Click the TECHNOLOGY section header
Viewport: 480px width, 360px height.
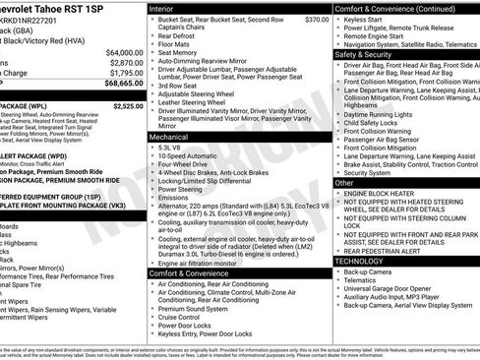(x=360, y=261)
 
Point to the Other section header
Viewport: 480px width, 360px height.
(x=344, y=183)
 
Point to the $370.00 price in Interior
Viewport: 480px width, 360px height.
(x=317, y=19)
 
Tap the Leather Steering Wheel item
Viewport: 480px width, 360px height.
(x=195, y=101)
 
